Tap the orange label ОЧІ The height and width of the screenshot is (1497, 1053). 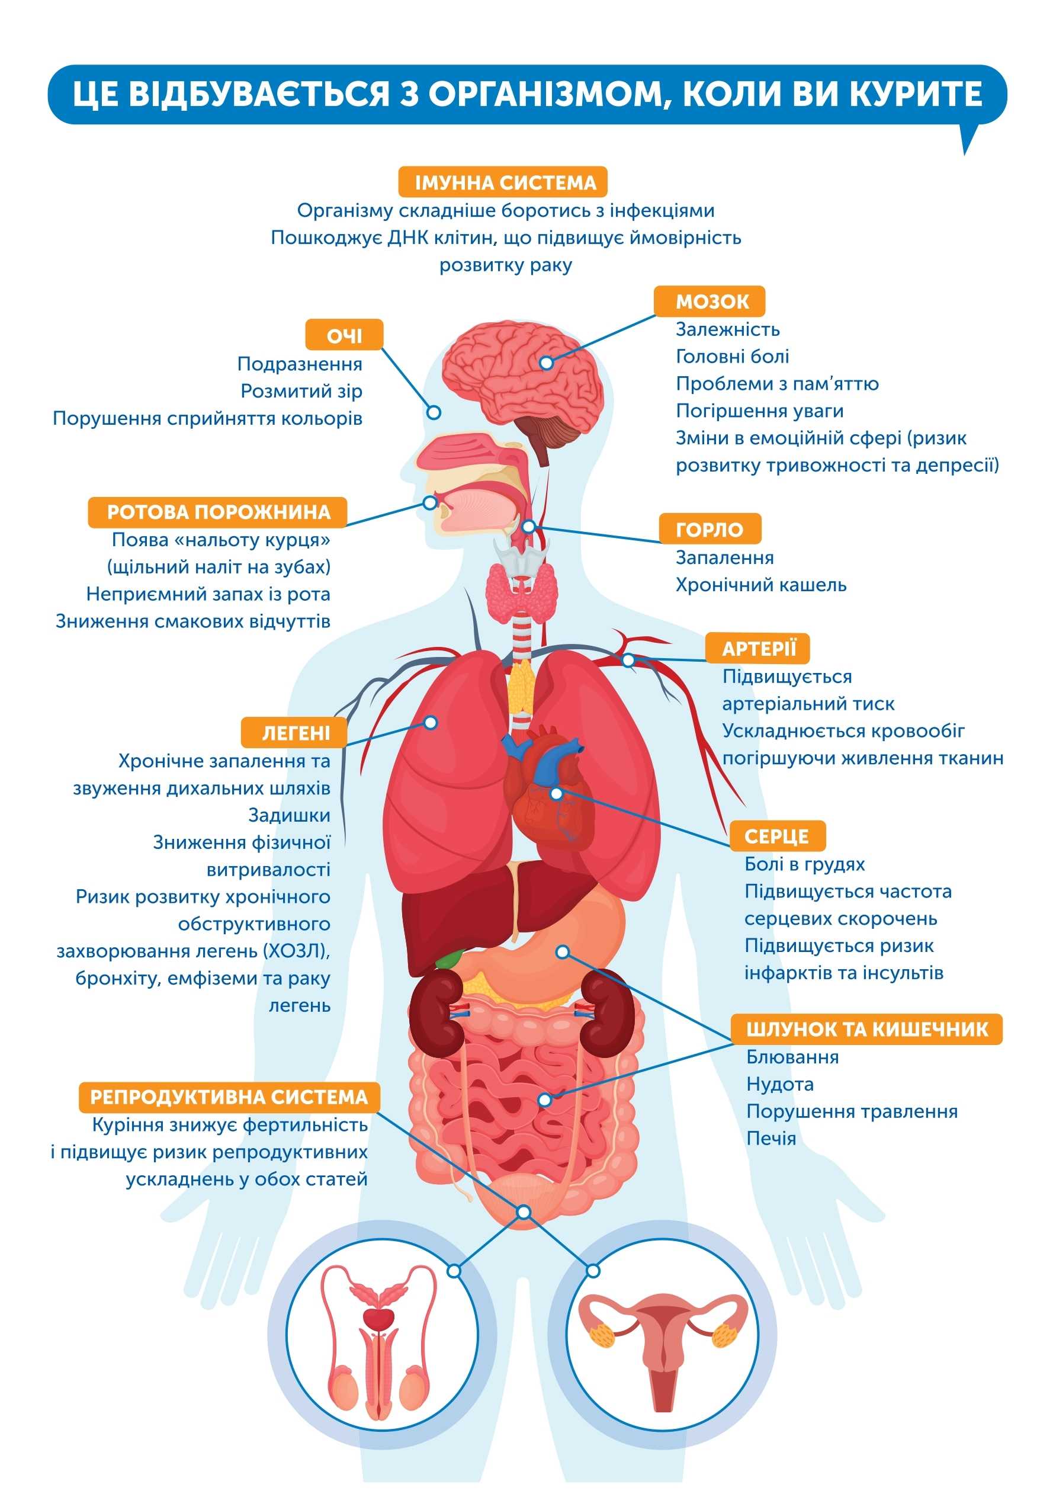tap(344, 336)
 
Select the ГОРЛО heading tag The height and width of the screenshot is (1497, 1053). tap(710, 530)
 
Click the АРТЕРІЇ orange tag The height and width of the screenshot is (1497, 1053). tap(758, 649)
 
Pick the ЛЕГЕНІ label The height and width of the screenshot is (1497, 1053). tap(296, 733)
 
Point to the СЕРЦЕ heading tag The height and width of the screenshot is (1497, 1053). tap(776, 836)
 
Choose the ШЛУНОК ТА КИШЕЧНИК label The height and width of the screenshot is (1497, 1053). tap(866, 1030)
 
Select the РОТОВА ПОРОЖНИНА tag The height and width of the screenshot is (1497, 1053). tap(218, 512)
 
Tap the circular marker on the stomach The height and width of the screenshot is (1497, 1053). tap(562, 952)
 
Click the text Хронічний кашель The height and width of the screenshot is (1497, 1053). tap(761, 585)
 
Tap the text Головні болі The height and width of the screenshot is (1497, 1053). tap(732, 357)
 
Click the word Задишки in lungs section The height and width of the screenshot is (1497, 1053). tap(289, 816)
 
